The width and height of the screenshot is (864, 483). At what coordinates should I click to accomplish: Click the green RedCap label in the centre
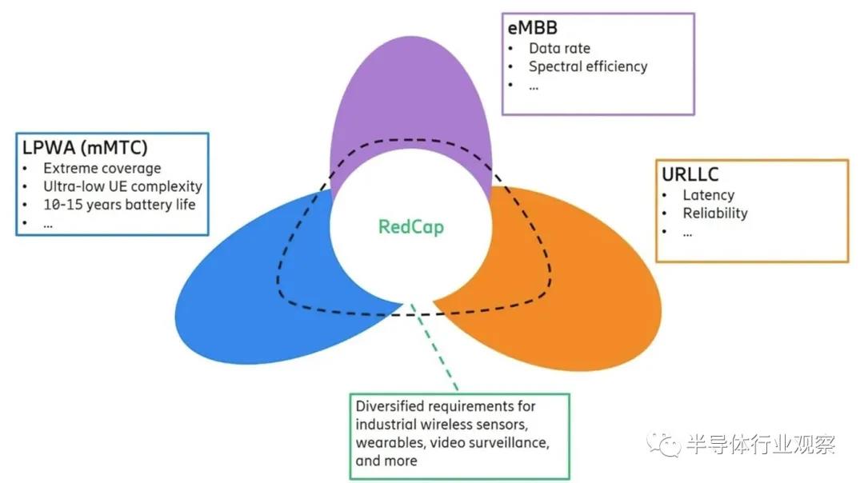(x=410, y=226)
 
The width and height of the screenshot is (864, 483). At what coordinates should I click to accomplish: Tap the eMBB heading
(x=534, y=29)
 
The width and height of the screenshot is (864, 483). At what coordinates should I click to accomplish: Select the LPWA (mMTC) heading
(x=84, y=149)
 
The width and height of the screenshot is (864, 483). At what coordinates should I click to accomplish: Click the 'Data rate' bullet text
(x=559, y=48)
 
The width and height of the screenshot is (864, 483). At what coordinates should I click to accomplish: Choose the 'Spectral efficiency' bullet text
(x=587, y=66)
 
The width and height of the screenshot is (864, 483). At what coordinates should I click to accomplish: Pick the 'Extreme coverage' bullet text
(x=102, y=168)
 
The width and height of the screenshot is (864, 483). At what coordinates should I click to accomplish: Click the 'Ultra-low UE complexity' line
(x=122, y=186)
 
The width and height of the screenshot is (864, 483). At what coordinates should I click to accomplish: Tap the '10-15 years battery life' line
(x=118, y=204)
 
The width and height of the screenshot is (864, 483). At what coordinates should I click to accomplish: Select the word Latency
(x=708, y=194)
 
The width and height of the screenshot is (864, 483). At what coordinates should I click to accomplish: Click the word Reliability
(x=714, y=213)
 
